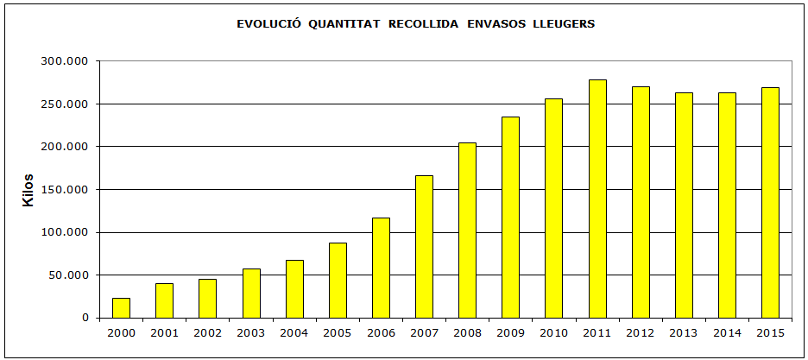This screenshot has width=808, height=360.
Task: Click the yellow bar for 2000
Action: (121, 308)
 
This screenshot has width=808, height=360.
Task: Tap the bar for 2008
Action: (467, 231)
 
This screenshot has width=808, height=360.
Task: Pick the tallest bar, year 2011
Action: (597, 199)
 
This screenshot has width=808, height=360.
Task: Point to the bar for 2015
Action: (770, 203)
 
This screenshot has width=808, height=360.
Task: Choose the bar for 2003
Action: (251, 294)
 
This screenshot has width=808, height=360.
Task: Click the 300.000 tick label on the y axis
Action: (66, 61)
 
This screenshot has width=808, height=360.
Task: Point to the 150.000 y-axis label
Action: (66, 190)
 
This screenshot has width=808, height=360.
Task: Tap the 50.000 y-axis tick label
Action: (69, 275)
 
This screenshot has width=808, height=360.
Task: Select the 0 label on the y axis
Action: (85, 318)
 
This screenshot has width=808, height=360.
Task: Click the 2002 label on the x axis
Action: (207, 332)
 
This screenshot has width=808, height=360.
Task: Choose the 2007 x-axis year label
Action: (424, 332)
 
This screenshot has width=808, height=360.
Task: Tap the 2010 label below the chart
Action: (553, 332)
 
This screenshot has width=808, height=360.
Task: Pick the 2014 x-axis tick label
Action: (727, 332)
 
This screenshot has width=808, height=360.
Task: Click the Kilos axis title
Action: (28, 190)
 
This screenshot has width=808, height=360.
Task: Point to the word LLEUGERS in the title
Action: (566, 23)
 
